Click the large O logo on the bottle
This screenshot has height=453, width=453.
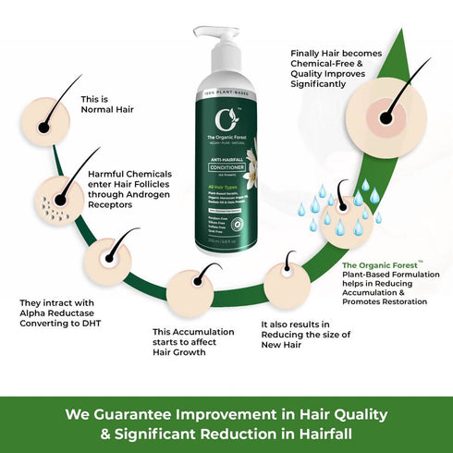(226, 123)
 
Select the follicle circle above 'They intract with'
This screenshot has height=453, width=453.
(107, 262)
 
